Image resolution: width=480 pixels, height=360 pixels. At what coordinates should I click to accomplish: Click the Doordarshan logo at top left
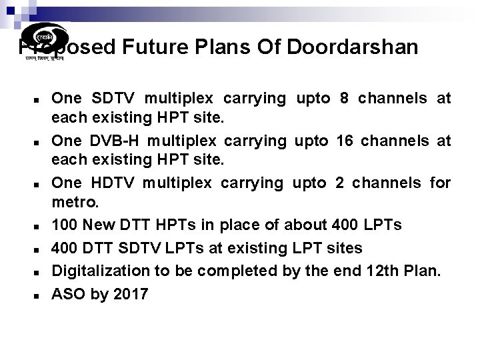(44, 41)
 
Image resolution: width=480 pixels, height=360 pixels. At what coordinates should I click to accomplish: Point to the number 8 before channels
(344, 99)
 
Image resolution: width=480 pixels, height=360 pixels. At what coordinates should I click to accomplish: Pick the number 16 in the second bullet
(347, 141)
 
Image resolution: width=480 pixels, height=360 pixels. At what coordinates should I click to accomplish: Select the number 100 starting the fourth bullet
(65, 225)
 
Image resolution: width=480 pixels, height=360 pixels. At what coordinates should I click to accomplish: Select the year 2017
(131, 293)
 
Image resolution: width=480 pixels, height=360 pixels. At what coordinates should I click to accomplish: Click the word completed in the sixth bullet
(221, 271)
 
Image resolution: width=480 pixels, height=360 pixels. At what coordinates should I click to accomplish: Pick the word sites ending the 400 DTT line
(343, 248)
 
